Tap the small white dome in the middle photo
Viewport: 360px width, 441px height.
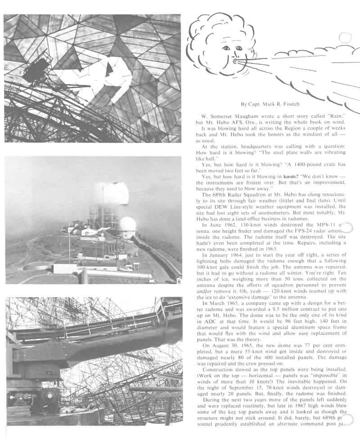(x=127, y=224)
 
